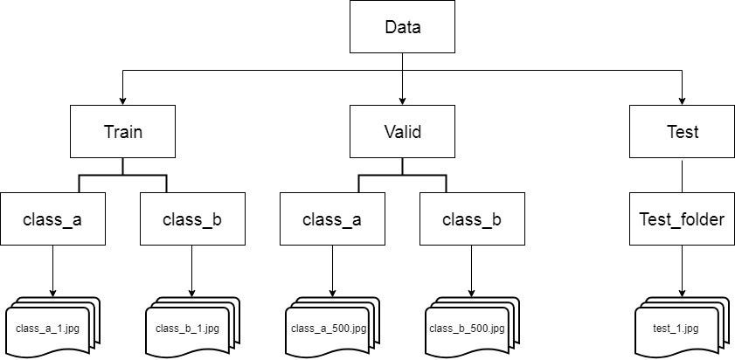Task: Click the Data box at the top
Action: (x=402, y=27)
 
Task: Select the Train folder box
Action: (x=122, y=132)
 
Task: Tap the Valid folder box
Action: (x=402, y=132)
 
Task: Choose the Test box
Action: (x=682, y=132)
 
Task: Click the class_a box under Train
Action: (x=52, y=218)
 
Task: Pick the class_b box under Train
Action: (x=192, y=218)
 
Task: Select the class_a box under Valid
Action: (x=332, y=218)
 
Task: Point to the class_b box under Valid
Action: (x=472, y=218)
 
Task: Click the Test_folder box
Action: (x=682, y=218)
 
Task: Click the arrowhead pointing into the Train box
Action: (x=122, y=100)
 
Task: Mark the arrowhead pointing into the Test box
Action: (x=682, y=100)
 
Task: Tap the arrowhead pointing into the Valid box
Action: (x=402, y=100)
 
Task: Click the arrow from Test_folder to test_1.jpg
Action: (x=682, y=271)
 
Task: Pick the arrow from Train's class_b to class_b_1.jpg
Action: (x=192, y=271)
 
